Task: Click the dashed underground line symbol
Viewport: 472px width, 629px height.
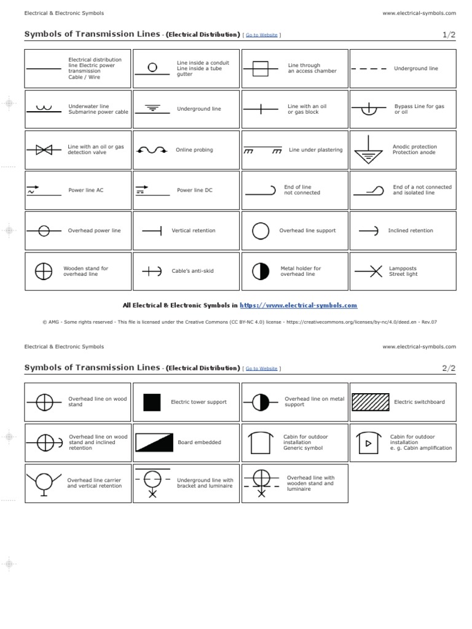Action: click(x=369, y=69)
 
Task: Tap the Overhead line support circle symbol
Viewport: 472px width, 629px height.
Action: click(x=261, y=231)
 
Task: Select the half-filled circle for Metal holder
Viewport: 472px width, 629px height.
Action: click(x=261, y=271)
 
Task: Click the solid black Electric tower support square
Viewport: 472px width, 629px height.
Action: click(x=152, y=402)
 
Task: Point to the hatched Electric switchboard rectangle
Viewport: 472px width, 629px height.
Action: click(x=369, y=402)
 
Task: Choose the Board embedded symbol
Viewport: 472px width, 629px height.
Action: click(x=152, y=442)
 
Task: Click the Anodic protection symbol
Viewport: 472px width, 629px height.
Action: click(x=369, y=150)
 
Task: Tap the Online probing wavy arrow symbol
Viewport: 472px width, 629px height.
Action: click(x=152, y=150)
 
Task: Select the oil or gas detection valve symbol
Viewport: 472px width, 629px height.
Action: click(x=44, y=150)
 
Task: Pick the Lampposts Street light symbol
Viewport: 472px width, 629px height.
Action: click(x=369, y=271)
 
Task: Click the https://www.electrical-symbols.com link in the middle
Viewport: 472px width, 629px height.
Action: click(x=298, y=305)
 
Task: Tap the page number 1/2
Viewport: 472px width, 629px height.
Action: click(x=449, y=35)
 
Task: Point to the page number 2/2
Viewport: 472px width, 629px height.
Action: click(x=449, y=368)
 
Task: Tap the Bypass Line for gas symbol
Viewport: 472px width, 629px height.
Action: click(x=369, y=110)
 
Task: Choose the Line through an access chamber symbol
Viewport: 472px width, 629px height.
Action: click(x=261, y=68)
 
